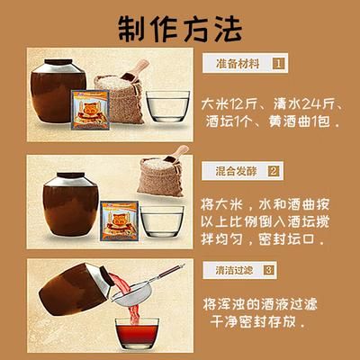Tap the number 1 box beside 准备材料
point(279,64)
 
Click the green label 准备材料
point(242,64)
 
